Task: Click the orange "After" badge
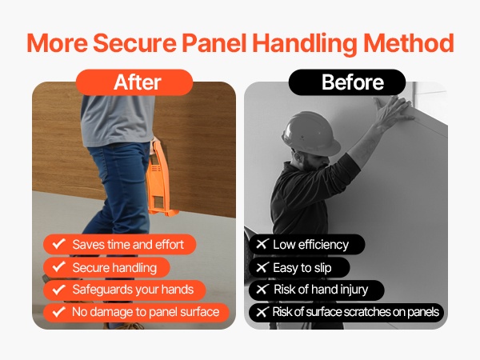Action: [134, 82]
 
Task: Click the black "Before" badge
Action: [347, 82]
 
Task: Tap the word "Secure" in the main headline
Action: [134, 43]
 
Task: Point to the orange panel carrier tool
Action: [158, 179]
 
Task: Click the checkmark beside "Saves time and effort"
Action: [58, 244]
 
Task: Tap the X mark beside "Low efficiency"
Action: [262, 244]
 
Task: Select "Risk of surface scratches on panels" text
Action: [356, 312]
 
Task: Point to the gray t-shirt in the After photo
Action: [118, 119]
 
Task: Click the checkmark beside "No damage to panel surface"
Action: [58, 312]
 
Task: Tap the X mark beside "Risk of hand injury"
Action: [262, 290]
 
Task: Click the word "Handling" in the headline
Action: [305, 43]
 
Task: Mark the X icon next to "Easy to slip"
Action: [262, 267]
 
